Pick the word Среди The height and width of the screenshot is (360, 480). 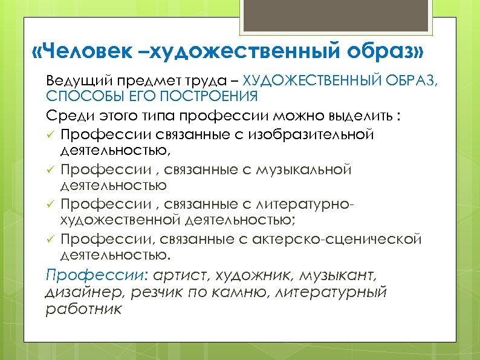click(64, 114)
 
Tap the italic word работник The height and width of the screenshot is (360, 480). click(83, 309)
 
